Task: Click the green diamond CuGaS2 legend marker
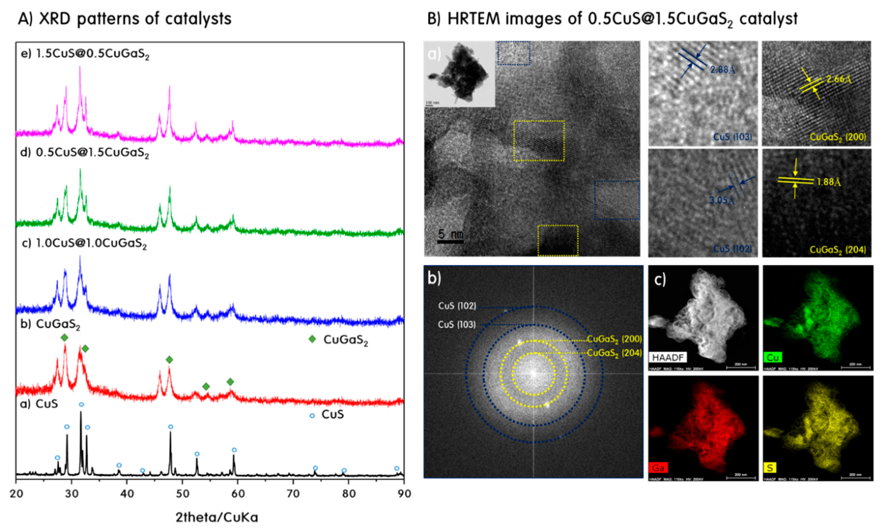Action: click(x=312, y=339)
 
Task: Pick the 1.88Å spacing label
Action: click(x=828, y=182)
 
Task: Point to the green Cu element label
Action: click(x=773, y=357)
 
